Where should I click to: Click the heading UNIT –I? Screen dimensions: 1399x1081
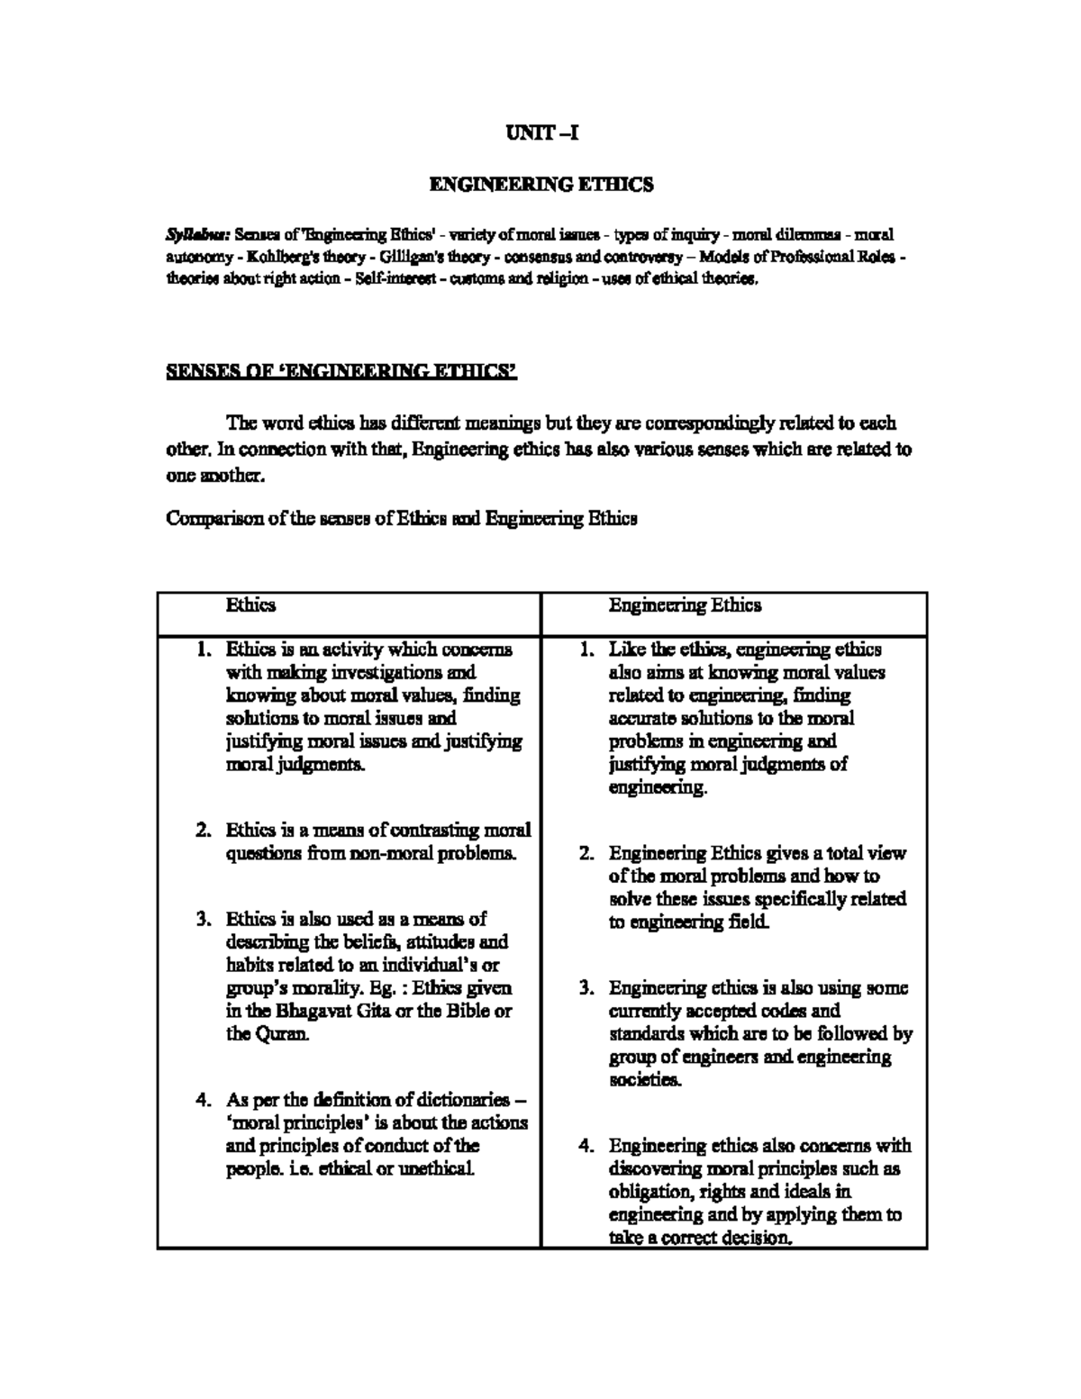[540, 134]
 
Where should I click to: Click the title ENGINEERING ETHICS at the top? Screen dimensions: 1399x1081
[540, 186]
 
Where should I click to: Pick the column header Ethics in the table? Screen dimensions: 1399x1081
[250, 604]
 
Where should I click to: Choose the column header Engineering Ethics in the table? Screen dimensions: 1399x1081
[685, 604]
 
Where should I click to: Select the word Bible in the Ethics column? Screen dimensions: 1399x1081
[459, 1011]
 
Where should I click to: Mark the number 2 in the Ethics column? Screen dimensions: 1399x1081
[204, 830]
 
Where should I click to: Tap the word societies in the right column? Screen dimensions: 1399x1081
[645, 1080]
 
